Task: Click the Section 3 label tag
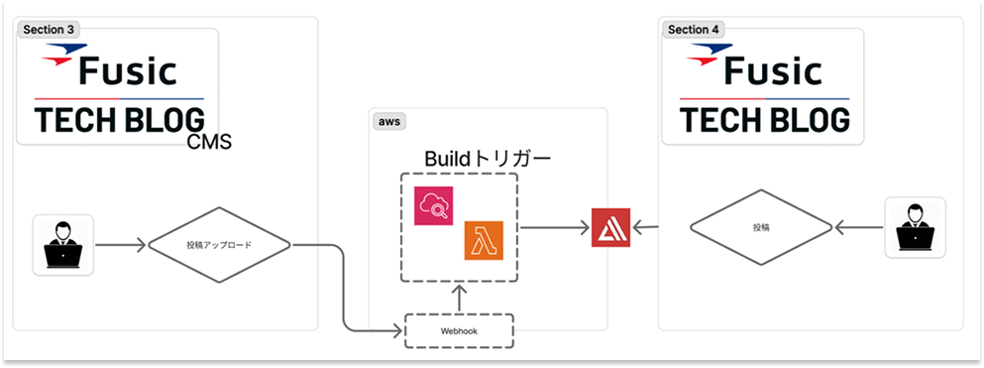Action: click(50, 30)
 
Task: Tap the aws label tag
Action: click(387, 121)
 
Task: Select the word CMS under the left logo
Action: click(209, 143)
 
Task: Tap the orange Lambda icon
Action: click(484, 243)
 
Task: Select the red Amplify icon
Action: click(609, 229)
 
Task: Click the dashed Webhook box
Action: click(460, 330)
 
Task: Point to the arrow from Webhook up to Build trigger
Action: click(460, 299)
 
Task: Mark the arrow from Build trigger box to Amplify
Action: click(552, 229)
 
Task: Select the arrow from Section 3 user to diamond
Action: click(120, 244)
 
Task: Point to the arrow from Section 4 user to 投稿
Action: click(858, 229)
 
